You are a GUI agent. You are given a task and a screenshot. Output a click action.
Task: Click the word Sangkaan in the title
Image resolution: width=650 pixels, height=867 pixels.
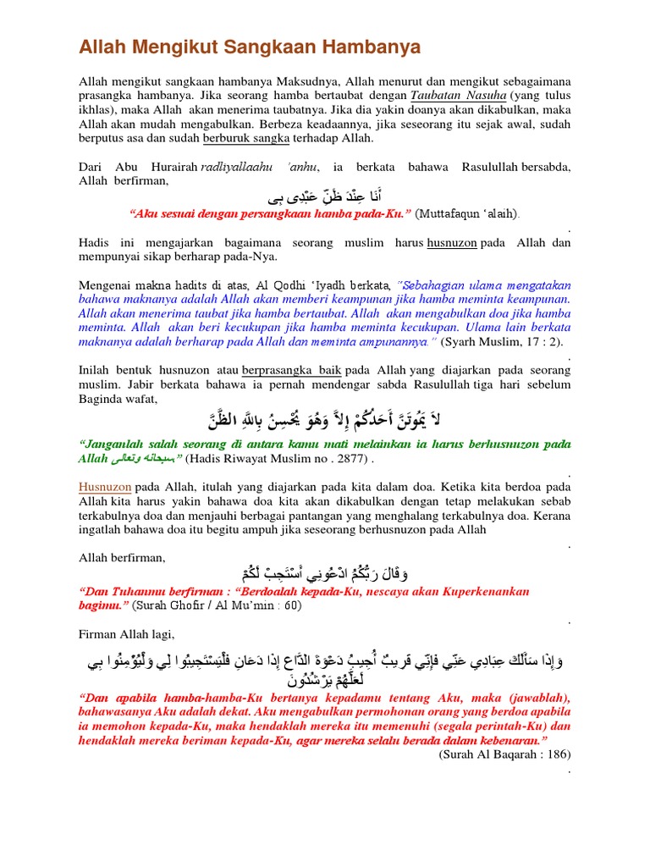point(285,47)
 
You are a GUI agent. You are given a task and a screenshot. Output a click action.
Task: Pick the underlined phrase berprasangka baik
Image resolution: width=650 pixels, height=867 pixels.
point(292,370)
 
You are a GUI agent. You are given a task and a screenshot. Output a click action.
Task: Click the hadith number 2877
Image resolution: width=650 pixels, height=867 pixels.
point(343,459)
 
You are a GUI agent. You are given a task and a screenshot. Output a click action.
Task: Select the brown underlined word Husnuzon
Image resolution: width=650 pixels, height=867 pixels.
point(105,488)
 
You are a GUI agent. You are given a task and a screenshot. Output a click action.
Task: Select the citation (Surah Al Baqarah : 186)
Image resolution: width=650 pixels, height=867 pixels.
point(504,754)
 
